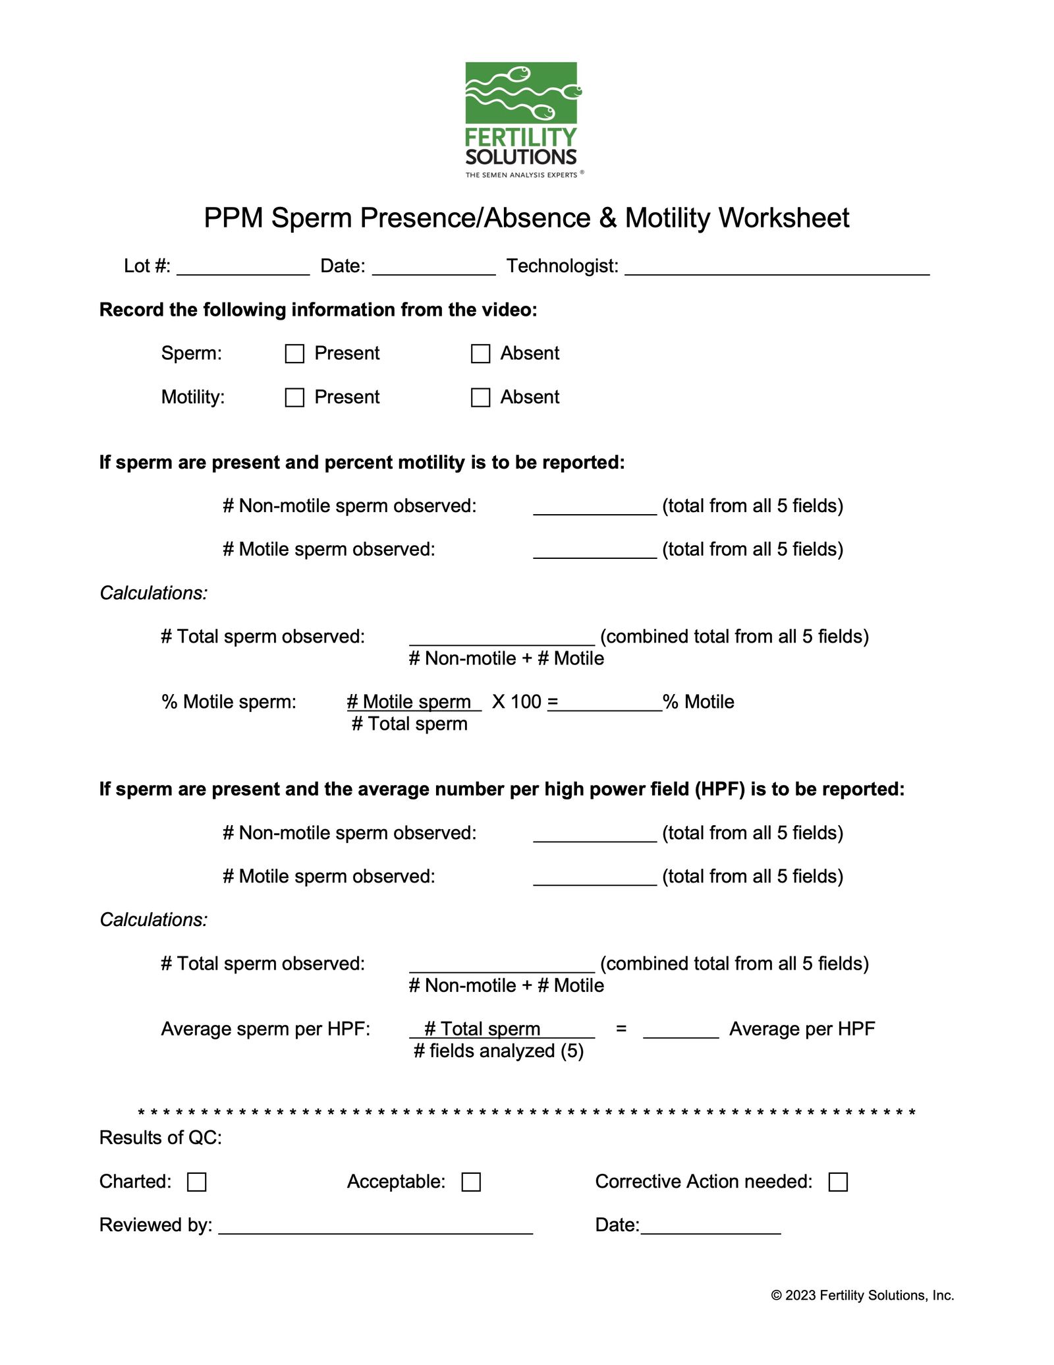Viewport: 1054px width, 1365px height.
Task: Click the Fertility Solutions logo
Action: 521,119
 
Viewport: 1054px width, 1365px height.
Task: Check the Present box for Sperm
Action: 294,354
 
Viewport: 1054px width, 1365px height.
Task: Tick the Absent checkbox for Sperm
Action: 481,354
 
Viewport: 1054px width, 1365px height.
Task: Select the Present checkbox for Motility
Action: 294,397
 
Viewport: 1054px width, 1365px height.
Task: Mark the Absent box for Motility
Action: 481,397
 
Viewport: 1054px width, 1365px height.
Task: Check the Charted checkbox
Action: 197,1182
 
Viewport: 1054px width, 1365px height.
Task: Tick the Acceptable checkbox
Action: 471,1182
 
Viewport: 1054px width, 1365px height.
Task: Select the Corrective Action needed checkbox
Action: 838,1182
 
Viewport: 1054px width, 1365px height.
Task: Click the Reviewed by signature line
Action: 375,1227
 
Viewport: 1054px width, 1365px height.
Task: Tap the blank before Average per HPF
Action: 680,1031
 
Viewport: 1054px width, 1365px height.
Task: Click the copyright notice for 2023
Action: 862,1295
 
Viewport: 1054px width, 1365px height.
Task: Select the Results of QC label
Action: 160,1138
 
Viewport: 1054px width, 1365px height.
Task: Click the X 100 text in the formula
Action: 516,701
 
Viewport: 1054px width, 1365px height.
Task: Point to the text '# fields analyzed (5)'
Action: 499,1051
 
